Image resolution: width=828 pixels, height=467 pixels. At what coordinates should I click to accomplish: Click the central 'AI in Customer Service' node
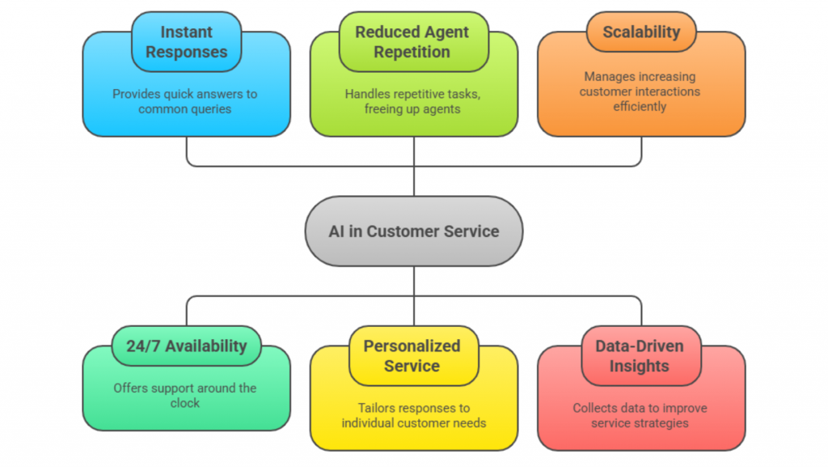[x=413, y=231]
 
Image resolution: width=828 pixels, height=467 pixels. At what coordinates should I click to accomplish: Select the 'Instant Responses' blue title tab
[x=186, y=42]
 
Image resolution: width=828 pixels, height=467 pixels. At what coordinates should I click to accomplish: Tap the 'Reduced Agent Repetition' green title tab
[x=413, y=42]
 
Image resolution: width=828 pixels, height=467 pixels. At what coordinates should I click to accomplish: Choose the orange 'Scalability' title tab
[x=640, y=33]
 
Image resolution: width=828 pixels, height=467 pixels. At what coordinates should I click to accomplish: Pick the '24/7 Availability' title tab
[x=186, y=346]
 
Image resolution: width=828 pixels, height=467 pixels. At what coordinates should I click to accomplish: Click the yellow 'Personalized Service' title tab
[x=413, y=356]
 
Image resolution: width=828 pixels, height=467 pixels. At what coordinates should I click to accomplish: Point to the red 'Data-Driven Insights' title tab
[x=640, y=356]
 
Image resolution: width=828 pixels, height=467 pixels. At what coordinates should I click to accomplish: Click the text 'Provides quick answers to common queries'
[x=185, y=101]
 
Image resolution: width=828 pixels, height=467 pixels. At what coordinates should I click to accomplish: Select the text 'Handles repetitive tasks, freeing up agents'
[x=412, y=101]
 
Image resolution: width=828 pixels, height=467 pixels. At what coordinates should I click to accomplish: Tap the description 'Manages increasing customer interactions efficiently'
[x=640, y=91]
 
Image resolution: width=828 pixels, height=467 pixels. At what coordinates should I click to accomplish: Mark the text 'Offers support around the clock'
[x=185, y=396]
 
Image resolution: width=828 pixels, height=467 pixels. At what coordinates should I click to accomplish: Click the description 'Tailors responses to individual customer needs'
[x=412, y=415]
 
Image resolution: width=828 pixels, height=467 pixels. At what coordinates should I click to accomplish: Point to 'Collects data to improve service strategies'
[x=640, y=415]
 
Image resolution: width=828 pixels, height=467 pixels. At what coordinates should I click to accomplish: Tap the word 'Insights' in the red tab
[x=640, y=367]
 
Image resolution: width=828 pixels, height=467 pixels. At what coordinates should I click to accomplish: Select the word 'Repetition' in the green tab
[x=413, y=53]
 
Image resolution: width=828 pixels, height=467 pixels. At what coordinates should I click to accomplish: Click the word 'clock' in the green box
[x=185, y=403]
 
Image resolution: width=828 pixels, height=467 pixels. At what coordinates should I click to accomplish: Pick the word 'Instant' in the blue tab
[x=186, y=32]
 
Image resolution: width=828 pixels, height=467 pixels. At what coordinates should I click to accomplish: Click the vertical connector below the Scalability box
[x=641, y=151]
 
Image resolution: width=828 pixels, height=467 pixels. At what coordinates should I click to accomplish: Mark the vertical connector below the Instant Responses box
[x=187, y=151]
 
